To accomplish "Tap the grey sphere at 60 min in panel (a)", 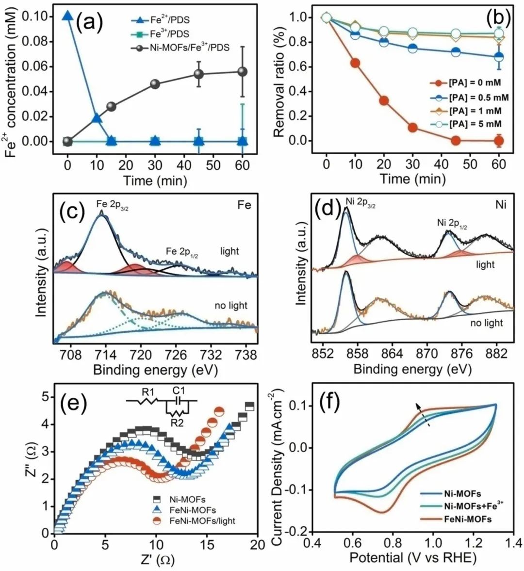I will [243, 71].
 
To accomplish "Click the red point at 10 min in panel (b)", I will [355, 63].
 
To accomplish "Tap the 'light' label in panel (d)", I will [485, 264].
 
